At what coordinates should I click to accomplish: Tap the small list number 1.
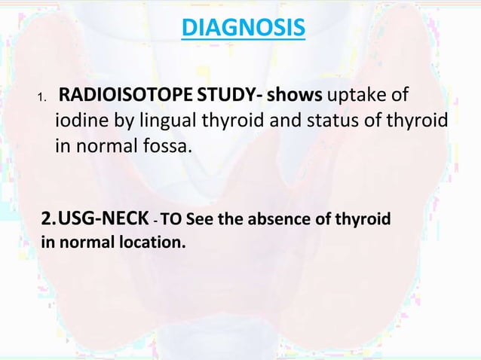click(42, 99)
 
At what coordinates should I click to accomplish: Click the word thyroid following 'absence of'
click(365, 220)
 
